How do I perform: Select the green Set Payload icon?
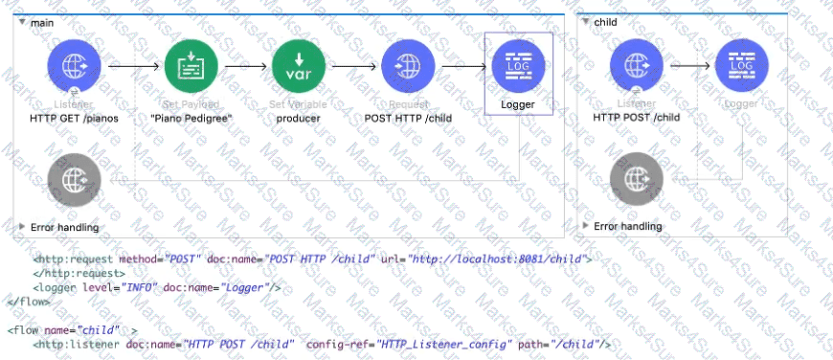191,67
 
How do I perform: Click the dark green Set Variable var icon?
300,67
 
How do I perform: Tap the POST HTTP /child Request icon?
409,67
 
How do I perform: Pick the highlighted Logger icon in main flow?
518,67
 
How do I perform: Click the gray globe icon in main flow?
74,179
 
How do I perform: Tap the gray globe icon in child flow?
637,179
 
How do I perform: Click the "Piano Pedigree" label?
191,118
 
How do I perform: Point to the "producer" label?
300,118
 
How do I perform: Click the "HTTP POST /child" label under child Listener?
637,118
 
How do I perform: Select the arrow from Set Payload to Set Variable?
245,67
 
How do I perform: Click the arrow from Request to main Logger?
463,67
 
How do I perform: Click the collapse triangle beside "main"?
22,20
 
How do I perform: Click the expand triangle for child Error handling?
586,226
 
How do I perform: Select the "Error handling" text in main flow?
64,227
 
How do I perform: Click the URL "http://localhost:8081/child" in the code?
499,259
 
